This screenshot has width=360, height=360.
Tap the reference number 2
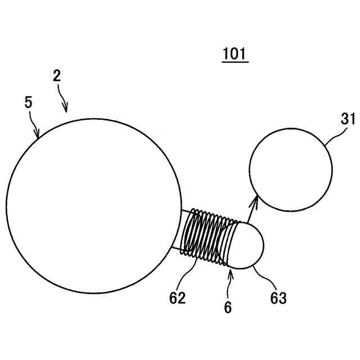[57, 76]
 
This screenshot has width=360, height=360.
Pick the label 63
[278, 298]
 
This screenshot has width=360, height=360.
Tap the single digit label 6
[228, 307]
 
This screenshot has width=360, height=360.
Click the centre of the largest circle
[92, 206]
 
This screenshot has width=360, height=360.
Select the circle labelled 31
[290, 170]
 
